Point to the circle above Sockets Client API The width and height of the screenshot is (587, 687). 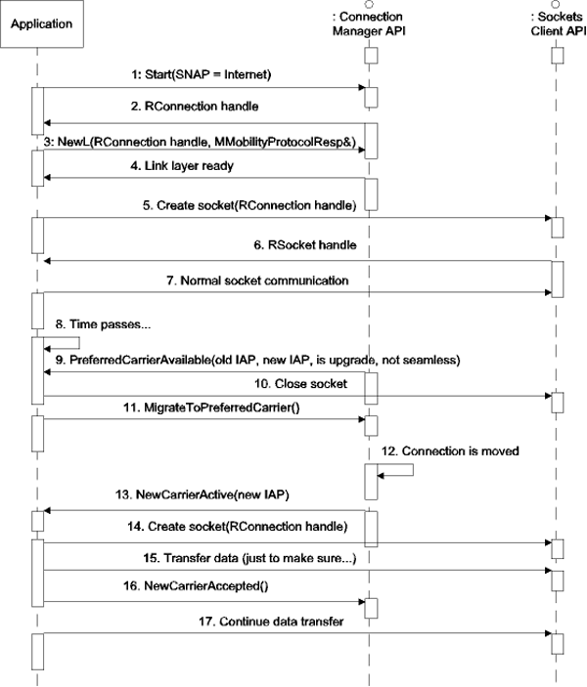tap(557, 5)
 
